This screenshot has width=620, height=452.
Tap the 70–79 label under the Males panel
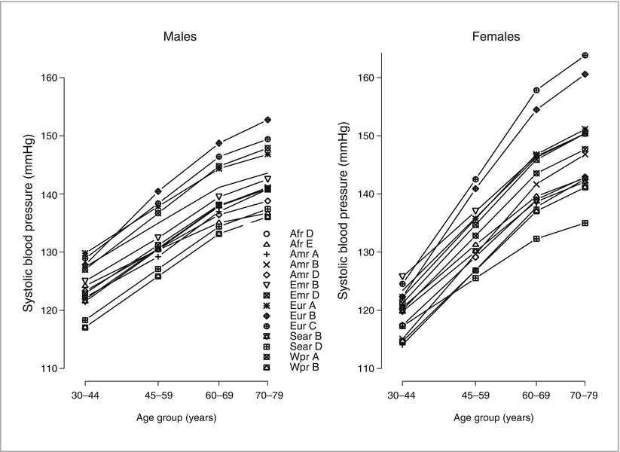[268, 395]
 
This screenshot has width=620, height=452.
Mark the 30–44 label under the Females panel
[402, 395]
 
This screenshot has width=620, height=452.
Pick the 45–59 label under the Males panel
[158, 395]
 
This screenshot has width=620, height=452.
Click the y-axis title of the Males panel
[29, 223]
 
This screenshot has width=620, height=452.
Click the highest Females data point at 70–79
[585, 55]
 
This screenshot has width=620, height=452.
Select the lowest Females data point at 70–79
[585, 223]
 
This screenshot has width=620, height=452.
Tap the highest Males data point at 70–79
[268, 120]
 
